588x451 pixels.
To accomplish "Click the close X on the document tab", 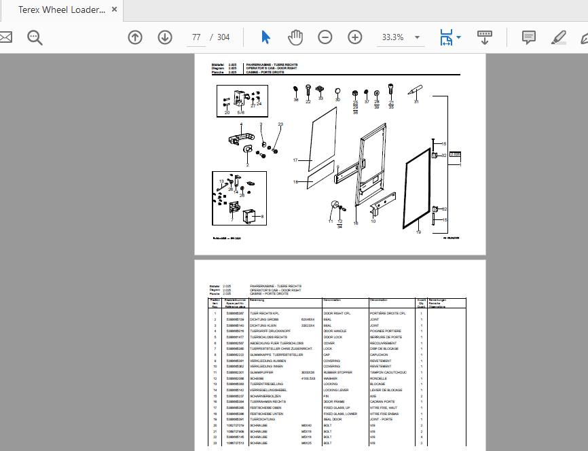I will click(114, 10).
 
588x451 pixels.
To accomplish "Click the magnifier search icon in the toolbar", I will click(35, 37).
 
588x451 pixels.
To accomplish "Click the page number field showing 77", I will click(196, 37).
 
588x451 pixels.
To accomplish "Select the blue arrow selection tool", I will click(265, 37).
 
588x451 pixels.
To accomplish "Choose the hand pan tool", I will click(295, 37).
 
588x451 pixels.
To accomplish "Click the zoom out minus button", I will click(325, 37).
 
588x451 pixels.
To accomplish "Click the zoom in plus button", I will click(355, 37).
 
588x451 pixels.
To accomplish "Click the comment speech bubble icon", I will click(529, 37).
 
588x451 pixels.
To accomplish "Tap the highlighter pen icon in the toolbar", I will click(559, 37).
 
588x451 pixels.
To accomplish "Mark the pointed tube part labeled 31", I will click(416, 90).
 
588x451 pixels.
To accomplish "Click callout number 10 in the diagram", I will click(373, 221).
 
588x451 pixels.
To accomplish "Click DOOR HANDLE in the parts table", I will click(335, 331).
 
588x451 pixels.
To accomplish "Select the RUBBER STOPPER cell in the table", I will click(337, 373).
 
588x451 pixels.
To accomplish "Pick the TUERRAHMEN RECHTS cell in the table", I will click(268, 401).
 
